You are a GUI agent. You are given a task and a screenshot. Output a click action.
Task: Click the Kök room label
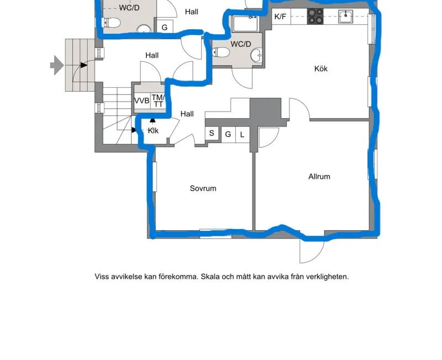(x=321, y=68)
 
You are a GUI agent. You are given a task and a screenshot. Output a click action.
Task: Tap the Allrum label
(x=319, y=177)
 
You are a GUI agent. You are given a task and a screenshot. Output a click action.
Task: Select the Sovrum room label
(x=203, y=188)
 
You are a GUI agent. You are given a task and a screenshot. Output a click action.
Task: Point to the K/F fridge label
(x=280, y=17)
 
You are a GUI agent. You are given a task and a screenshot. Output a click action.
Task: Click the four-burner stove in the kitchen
(x=315, y=17)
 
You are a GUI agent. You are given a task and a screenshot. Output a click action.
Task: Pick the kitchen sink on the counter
(x=346, y=17)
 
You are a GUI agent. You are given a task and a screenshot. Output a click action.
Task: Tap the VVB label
(x=142, y=101)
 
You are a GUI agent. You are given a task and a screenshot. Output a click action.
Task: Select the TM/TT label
(x=158, y=101)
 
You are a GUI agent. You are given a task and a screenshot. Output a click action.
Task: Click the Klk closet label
(x=153, y=131)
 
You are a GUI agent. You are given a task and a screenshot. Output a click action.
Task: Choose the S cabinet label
(x=212, y=133)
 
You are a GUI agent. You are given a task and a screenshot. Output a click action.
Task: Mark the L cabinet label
(x=242, y=135)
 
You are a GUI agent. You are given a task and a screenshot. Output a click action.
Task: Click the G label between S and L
(x=228, y=134)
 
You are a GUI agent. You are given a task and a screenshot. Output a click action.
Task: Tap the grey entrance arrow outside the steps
(x=57, y=65)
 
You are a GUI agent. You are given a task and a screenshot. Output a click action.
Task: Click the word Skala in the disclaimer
(x=211, y=277)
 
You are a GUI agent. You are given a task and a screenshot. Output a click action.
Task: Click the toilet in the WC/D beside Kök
(x=220, y=52)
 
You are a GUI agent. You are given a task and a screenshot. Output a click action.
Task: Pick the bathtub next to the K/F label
(x=245, y=24)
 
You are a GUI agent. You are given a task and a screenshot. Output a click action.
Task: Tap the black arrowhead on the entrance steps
(x=84, y=65)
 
